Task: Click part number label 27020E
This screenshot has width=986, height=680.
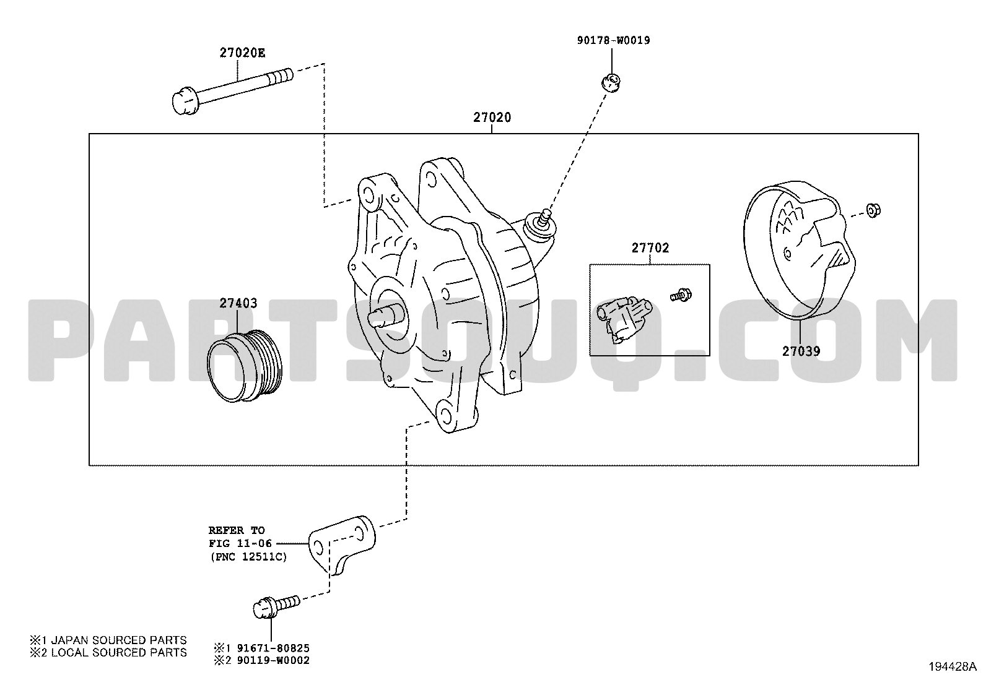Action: click(x=243, y=53)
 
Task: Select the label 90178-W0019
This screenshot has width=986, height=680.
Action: click(x=614, y=40)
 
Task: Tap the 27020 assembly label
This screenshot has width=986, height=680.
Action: click(x=492, y=118)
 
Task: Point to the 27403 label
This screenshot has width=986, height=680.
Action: click(x=238, y=303)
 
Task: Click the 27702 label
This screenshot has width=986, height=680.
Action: click(x=650, y=248)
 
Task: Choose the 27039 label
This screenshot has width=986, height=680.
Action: click(x=801, y=351)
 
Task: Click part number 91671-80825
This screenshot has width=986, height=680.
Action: click(x=273, y=648)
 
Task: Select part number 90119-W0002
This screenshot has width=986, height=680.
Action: click(x=273, y=660)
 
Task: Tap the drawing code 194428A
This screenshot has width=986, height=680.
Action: click(x=953, y=667)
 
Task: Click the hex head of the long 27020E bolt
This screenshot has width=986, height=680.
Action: click(x=185, y=102)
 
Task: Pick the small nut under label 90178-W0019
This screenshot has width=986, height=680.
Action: click(x=611, y=82)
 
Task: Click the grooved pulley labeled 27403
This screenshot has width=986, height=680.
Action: click(x=244, y=366)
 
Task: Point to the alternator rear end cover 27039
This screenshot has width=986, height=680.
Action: click(x=799, y=251)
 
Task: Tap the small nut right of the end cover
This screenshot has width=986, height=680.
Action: click(x=873, y=210)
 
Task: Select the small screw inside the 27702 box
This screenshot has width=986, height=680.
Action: click(x=681, y=295)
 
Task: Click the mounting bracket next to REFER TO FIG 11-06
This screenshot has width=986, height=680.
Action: click(x=342, y=545)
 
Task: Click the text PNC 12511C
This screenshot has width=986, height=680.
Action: click(x=249, y=557)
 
